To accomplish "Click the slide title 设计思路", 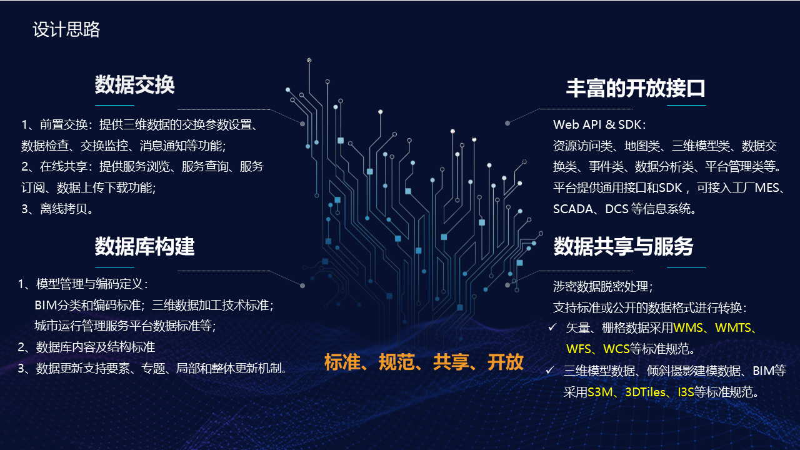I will click(66, 30).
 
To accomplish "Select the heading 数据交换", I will click(134, 84).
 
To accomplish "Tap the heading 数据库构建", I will click(144, 246).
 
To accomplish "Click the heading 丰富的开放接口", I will click(636, 88).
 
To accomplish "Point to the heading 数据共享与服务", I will click(623, 246).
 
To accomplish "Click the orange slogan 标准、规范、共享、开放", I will click(424, 362).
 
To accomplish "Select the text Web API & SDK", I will click(599, 124).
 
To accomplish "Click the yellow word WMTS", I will click(735, 327).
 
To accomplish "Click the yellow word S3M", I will click(601, 392).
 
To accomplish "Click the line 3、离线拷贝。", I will click(57, 209).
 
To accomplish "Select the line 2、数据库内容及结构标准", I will click(87, 347).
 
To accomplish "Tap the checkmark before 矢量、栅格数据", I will click(552, 327).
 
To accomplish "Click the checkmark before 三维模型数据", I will click(550, 371).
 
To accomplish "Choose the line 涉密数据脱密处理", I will click(602, 286).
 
